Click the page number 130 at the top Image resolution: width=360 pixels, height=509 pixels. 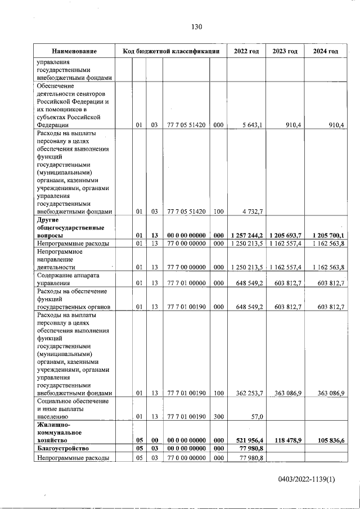coord(196,27)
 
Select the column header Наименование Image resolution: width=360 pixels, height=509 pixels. coord(74,52)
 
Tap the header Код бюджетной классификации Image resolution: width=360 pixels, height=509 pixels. coord(171,52)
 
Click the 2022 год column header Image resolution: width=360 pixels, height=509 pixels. coord(246,52)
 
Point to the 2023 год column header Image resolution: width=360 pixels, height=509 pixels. coord(285,52)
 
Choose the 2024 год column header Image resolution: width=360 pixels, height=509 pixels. coord(325,52)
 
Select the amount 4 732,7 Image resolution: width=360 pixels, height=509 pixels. coord(252,211)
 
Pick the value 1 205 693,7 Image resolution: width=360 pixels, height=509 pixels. coord(285,235)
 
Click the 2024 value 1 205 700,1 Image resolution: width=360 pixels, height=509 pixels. coord(325,235)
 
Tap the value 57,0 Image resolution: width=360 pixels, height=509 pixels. coord(256,417)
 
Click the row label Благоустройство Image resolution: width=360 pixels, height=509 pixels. coord(60,449)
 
